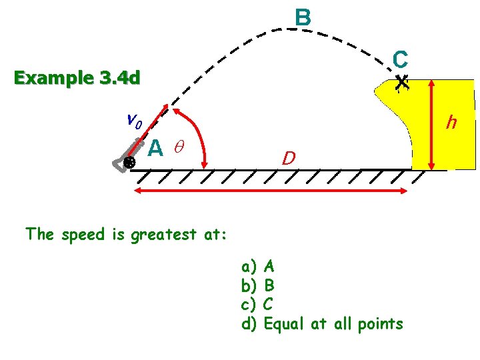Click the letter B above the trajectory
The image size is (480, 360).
[303, 17]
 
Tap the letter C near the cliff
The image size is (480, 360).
[400, 59]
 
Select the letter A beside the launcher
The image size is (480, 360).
[155, 147]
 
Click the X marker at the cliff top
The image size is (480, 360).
[401, 83]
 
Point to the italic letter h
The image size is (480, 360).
[451, 122]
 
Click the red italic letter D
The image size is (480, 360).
[288, 159]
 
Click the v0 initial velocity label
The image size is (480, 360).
[133, 121]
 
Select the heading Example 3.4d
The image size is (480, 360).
[77, 79]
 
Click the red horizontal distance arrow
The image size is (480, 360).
[271, 191]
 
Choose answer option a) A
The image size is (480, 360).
[258, 267]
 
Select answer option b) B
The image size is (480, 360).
[258, 285]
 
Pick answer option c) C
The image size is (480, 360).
[258, 305]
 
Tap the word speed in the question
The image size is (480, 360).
[81, 235]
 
